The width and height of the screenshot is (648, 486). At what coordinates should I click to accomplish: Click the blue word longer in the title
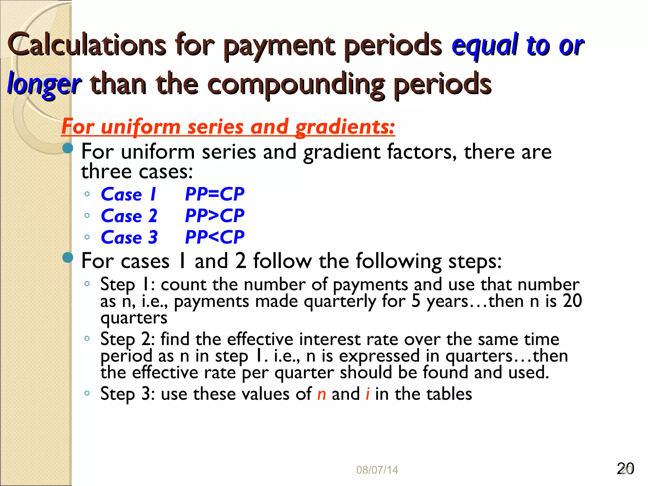pos(44,84)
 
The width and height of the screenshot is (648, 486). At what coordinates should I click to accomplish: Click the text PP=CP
pos(215,194)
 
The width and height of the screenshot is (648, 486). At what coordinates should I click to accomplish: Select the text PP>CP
pos(215,216)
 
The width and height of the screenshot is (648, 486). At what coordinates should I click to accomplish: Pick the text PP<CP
pos(215,237)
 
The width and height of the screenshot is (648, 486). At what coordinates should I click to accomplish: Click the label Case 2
pos(129,216)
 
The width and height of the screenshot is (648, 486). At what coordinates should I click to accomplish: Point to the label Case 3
pos(129,238)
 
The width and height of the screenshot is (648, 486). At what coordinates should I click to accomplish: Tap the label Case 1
pos(128,194)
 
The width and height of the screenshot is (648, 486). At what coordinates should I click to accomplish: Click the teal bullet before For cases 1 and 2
pos(68,258)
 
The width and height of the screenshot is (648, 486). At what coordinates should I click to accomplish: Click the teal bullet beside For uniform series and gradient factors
pos(68,148)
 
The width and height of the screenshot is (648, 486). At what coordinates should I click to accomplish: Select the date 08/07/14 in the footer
pos(377,470)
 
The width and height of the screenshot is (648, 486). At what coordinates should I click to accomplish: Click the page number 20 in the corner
pos(625,469)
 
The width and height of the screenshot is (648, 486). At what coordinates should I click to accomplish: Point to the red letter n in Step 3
pos(321,394)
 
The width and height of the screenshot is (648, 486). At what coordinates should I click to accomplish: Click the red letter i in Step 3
pos(367,394)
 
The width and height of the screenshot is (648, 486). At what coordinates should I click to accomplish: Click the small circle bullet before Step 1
pos(87,284)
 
